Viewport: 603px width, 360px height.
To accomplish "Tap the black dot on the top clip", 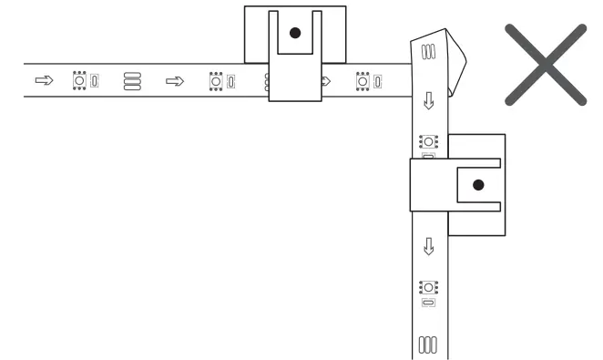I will tap(293, 33).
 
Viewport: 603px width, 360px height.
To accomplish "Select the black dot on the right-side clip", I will tap(478, 185).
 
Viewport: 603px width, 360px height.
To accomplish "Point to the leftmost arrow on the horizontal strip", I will tap(44, 81).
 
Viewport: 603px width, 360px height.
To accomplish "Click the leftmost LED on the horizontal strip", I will tap(79, 81).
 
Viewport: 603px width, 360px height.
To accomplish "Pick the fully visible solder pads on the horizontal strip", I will tap(132, 81).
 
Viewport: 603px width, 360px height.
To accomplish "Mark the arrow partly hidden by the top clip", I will tap(325, 81).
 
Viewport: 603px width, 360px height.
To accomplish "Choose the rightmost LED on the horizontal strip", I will tap(362, 81).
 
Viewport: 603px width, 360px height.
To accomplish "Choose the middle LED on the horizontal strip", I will tap(216, 81).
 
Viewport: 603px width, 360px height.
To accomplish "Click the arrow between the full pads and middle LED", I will tap(172, 81).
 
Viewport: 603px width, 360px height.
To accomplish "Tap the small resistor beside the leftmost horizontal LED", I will tap(94, 81).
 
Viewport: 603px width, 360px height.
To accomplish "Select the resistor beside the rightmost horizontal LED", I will tap(376, 81).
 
